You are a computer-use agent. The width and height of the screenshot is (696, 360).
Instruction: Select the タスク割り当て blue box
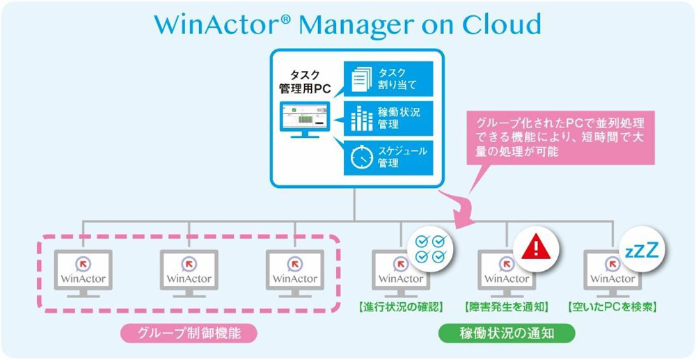point(388,79)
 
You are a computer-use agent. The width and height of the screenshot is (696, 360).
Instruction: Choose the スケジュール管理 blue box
point(388,157)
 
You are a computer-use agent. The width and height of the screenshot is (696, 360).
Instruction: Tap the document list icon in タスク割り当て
point(361,79)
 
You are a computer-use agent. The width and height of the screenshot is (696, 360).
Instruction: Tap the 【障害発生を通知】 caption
point(506,306)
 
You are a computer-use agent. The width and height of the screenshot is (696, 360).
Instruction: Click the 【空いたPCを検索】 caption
point(612,306)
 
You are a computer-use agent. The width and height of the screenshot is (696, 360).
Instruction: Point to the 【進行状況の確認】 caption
point(400,306)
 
